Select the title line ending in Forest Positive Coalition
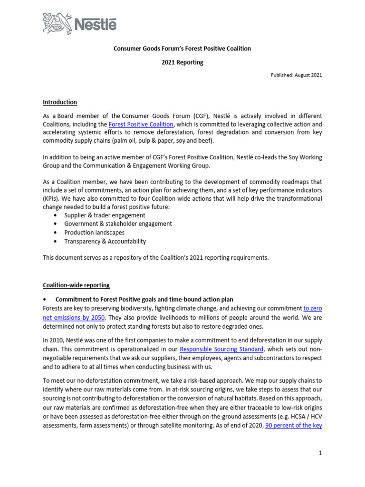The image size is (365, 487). [x=182, y=49]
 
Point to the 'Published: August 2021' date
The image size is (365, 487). [x=297, y=76]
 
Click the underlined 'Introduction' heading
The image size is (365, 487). [x=60, y=102]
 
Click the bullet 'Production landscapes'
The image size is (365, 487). [x=94, y=233]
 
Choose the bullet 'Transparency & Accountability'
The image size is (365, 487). [x=105, y=241]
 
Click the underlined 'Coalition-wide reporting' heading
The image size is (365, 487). [x=76, y=285]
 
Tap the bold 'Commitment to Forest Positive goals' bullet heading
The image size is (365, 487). [x=144, y=300]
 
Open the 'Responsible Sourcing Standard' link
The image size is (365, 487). [x=222, y=350]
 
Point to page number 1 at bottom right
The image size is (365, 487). [x=320, y=453]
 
